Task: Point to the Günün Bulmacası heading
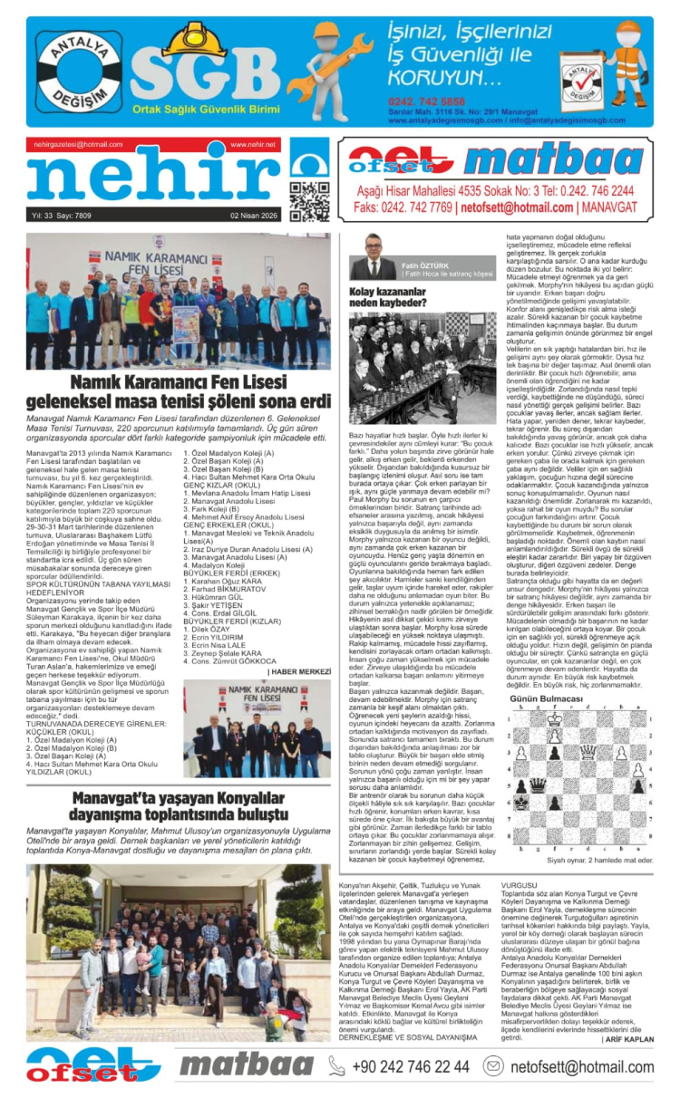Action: coord(546,701)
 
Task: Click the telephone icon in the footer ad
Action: coord(335,1066)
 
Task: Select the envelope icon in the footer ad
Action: coord(493,1066)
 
